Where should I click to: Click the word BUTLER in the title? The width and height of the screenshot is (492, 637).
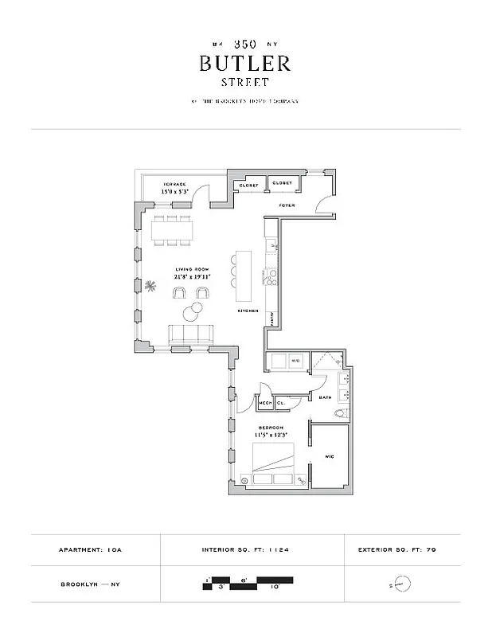(245, 64)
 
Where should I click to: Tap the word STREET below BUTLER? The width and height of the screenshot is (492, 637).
(245, 82)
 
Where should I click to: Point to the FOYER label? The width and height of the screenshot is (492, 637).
(287, 205)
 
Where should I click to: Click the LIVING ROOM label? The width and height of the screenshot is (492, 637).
(192, 270)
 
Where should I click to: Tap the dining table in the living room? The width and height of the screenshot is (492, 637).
(174, 232)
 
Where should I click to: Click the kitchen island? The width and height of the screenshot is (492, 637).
(244, 271)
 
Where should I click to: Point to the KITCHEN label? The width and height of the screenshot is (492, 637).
(248, 311)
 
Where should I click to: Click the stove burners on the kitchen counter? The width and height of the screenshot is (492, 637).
(271, 278)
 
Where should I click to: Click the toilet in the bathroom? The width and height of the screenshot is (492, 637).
(339, 412)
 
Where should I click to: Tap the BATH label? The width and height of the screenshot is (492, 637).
(325, 397)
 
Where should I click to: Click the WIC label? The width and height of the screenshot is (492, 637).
(329, 456)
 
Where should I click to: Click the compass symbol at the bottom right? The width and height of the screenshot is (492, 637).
(403, 585)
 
